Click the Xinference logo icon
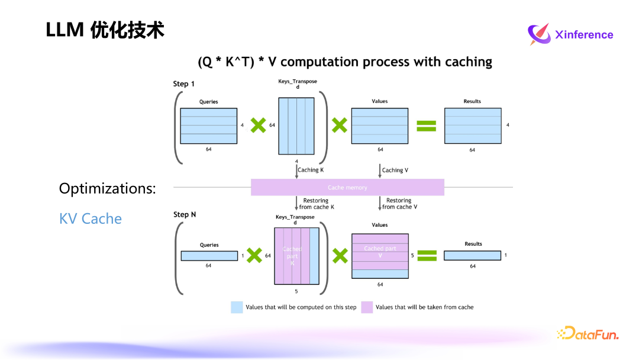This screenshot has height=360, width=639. (538, 34)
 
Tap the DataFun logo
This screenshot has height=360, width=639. (588, 334)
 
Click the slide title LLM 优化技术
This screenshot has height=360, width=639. (105, 30)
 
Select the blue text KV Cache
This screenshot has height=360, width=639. (91, 218)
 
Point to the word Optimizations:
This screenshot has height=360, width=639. (107, 189)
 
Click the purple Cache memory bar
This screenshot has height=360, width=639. (347, 187)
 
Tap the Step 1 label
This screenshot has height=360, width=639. (184, 84)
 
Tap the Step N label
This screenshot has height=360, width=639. (185, 214)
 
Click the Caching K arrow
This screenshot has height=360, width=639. (296, 171)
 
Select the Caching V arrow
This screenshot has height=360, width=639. (379, 171)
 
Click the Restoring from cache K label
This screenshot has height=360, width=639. (317, 204)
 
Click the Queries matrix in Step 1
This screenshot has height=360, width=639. (208, 126)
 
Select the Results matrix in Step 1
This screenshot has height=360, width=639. (472, 126)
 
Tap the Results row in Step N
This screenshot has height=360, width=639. (472, 256)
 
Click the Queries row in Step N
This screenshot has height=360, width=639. (209, 256)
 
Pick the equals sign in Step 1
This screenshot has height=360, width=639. (426, 126)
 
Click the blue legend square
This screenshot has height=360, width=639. (237, 307)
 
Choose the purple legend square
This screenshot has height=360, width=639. (367, 307)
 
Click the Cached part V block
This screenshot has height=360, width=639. (380, 252)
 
